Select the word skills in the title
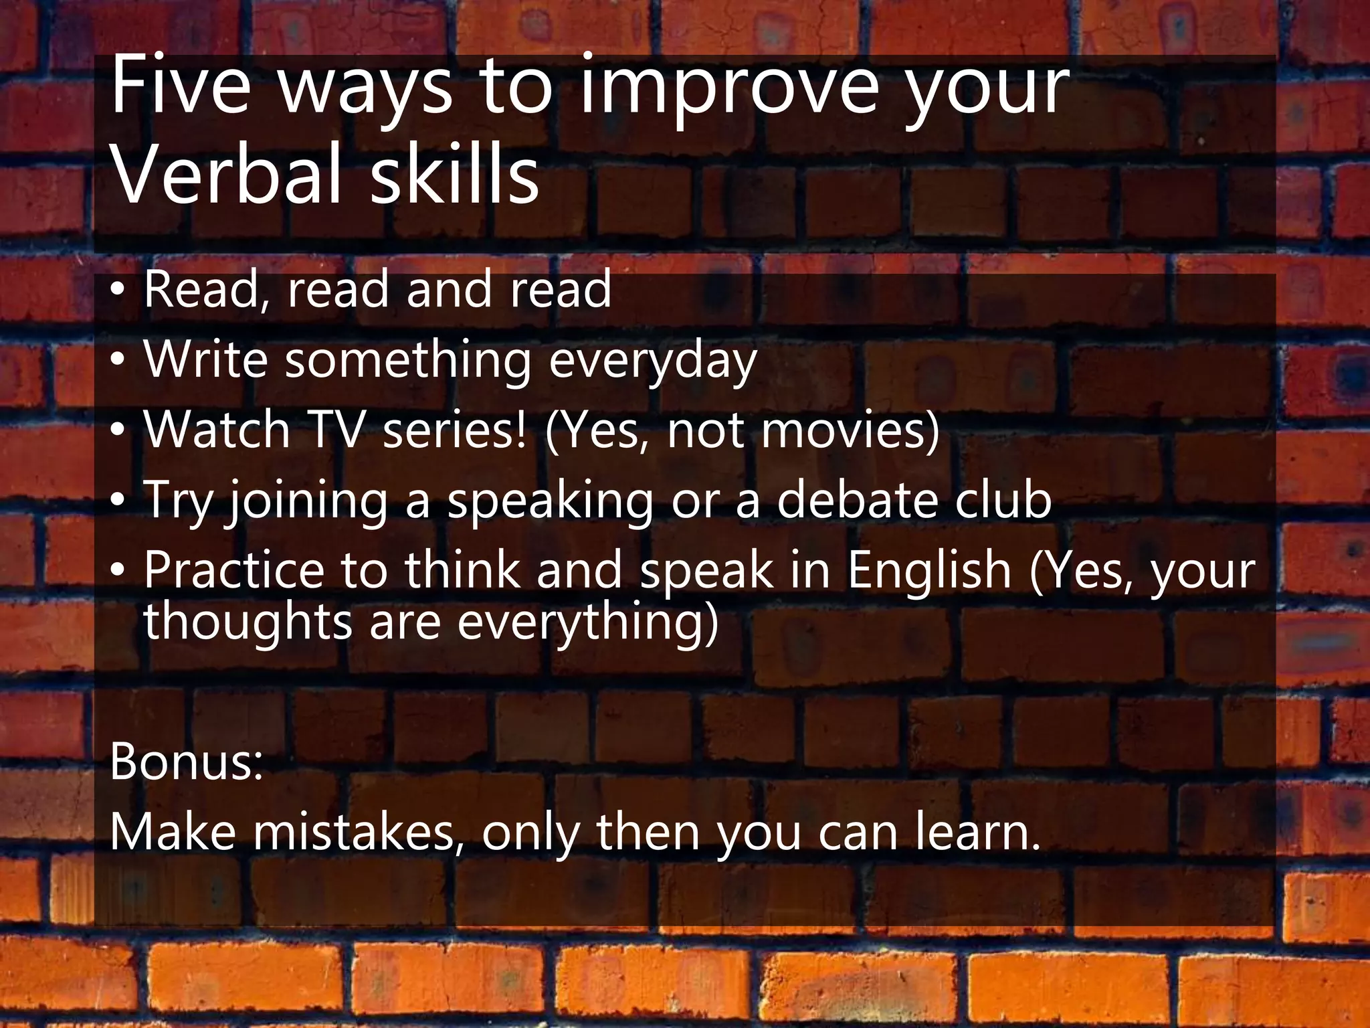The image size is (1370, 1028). pyautogui.click(x=454, y=175)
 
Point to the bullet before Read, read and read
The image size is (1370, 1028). pyautogui.click(x=118, y=289)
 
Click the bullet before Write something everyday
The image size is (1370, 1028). pyautogui.click(x=118, y=360)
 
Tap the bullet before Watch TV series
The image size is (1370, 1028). pyautogui.click(x=118, y=430)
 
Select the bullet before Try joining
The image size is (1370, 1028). pyautogui.click(x=118, y=500)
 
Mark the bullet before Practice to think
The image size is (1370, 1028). pyautogui.click(x=118, y=570)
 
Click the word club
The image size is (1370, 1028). pyautogui.click(x=1003, y=500)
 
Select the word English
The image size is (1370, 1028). pyautogui.click(x=930, y=570)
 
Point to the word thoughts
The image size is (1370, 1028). pyautogui.click(x=248, y=621)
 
